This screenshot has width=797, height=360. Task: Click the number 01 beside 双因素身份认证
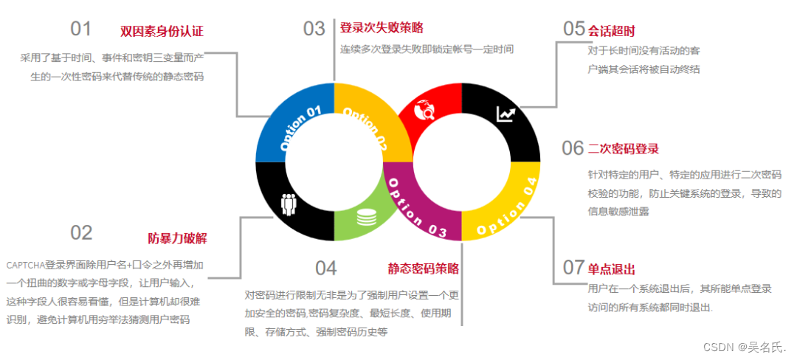coord(81,30)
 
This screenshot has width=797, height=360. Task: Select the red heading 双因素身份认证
coord(162,31)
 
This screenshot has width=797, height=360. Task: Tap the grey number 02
coord(81,233)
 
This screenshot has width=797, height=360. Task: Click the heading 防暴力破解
coord(177,238)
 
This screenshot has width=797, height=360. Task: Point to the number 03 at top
coord(314,29)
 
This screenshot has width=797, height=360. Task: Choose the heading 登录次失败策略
coord(382,28)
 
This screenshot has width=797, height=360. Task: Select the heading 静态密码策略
coord(424,268)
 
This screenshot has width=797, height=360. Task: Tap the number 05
coord(574,29)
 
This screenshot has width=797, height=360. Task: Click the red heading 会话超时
coord(611,31)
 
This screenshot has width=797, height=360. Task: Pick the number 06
coord(573,148)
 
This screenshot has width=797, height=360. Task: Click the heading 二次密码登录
coord(624,149)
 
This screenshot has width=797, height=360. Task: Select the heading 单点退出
coord(611,269)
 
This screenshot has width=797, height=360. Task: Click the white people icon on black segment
coord(289,204)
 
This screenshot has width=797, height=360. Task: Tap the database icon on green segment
coord(365,218)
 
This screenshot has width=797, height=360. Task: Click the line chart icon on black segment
coord(506,114)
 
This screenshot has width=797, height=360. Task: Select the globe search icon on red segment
coord(427,110)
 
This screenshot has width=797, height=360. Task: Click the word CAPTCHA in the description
coord(24,264)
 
